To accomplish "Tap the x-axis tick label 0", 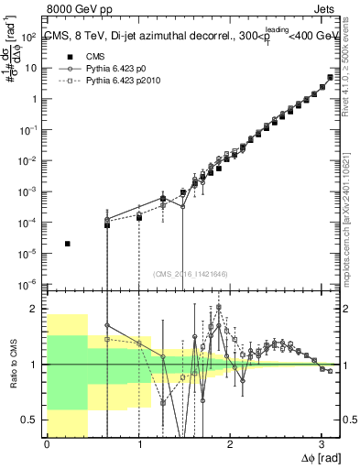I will [x=47, y=445].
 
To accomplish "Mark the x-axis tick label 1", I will [x=138, y=445].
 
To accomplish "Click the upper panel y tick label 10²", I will [x=31, y=37].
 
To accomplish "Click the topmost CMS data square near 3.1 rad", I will [x=330, y=77].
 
